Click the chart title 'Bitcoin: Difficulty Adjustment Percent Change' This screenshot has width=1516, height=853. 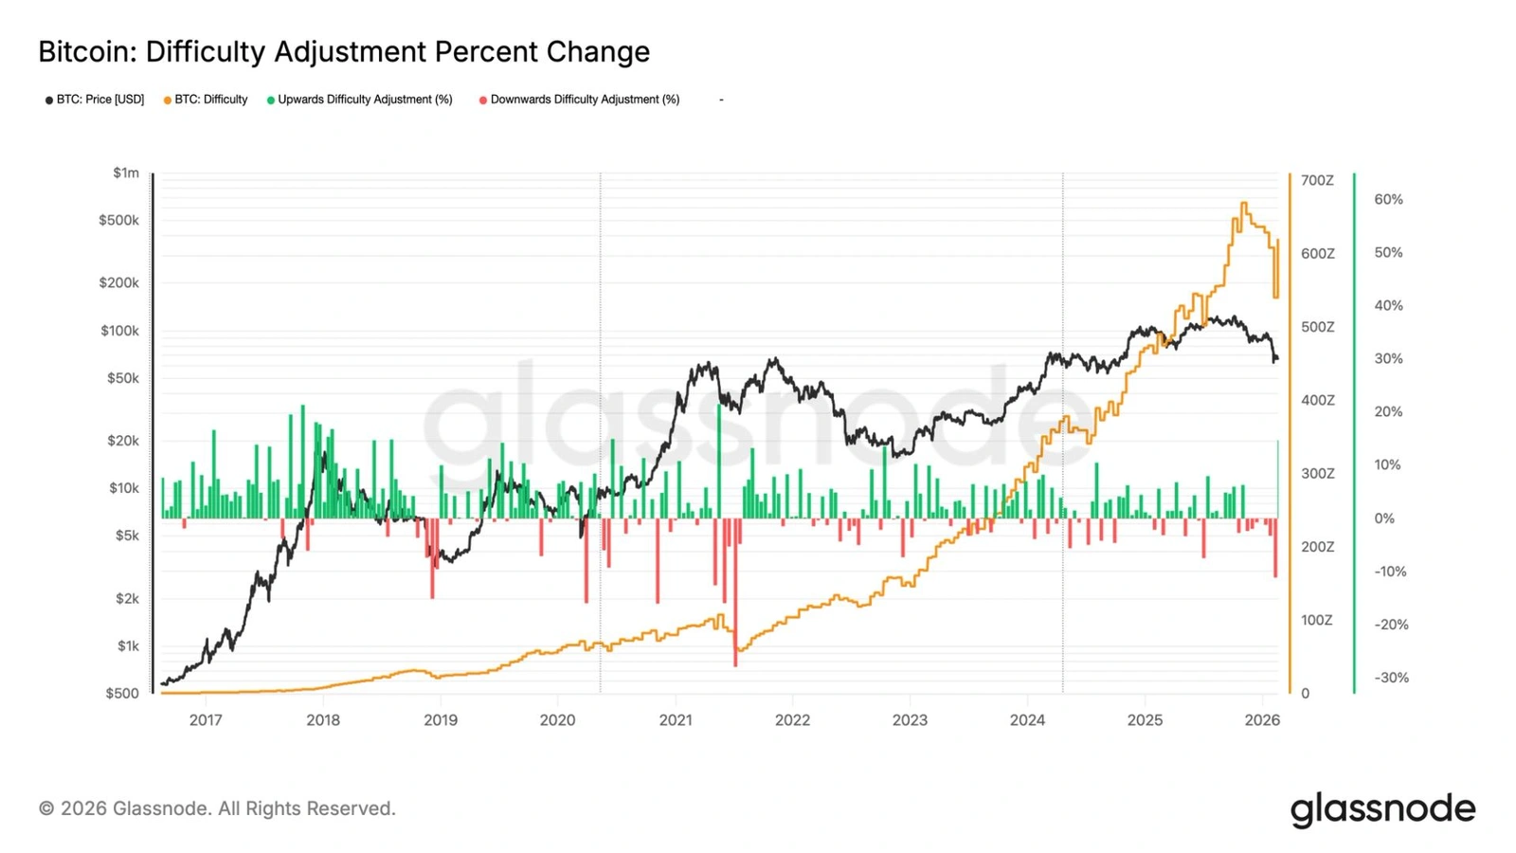[344, 51]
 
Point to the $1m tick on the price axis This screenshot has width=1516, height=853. [126, 172]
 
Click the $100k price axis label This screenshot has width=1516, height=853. [119, 331]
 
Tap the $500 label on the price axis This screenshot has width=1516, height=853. [122, 693]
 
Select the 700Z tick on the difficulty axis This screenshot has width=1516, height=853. [1317, 180]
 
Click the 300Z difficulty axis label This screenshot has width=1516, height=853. [1317, 473]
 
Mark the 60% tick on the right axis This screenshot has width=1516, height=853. [1388, 199]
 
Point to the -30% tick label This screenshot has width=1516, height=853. [1391, 677]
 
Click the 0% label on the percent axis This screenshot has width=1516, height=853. [1384, 518]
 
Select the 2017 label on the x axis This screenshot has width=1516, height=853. [206, 720]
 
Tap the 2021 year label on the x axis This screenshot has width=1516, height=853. [676, 720]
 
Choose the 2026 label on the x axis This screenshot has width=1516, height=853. [1262, 720]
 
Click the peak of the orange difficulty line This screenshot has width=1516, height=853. [1244, 204]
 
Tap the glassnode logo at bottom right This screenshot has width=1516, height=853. [1382, 809]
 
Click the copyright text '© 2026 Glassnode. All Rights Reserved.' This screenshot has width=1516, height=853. [217, 808]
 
